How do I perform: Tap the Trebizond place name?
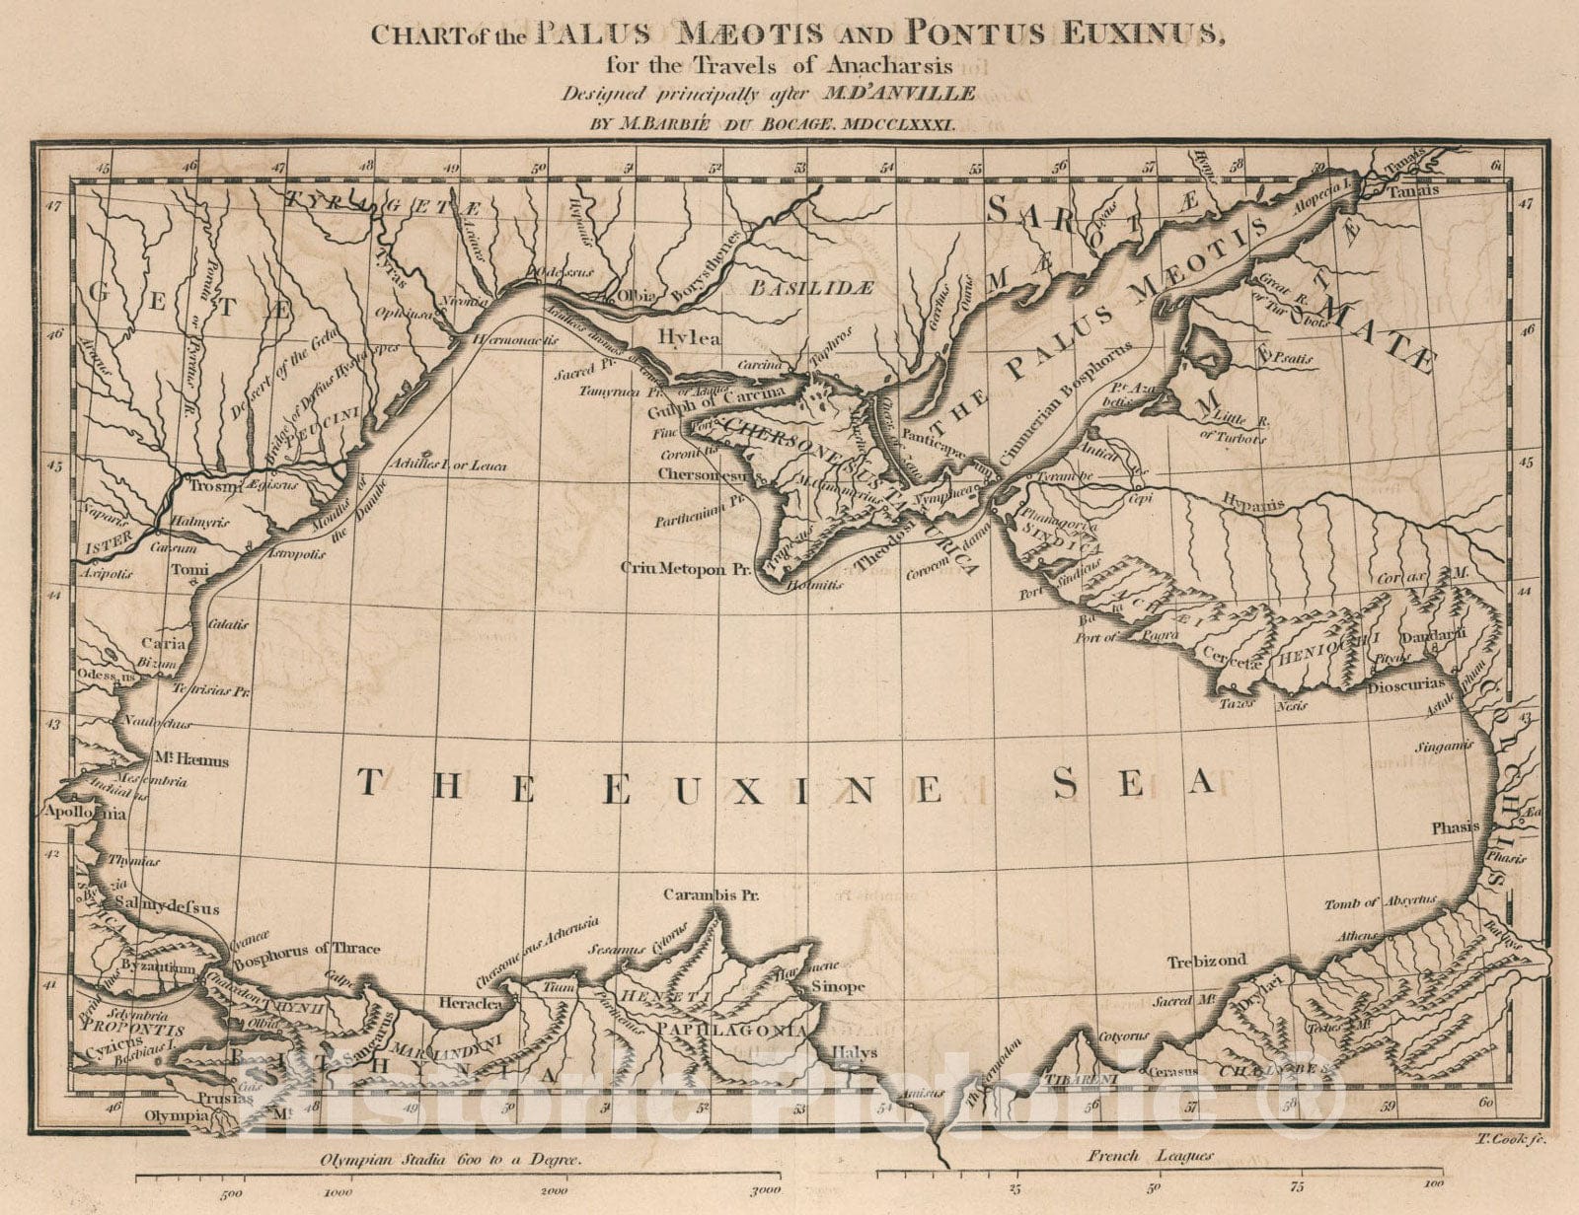[1207, 960]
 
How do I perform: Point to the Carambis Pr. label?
[709, 897]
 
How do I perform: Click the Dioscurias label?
[1406, 682]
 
